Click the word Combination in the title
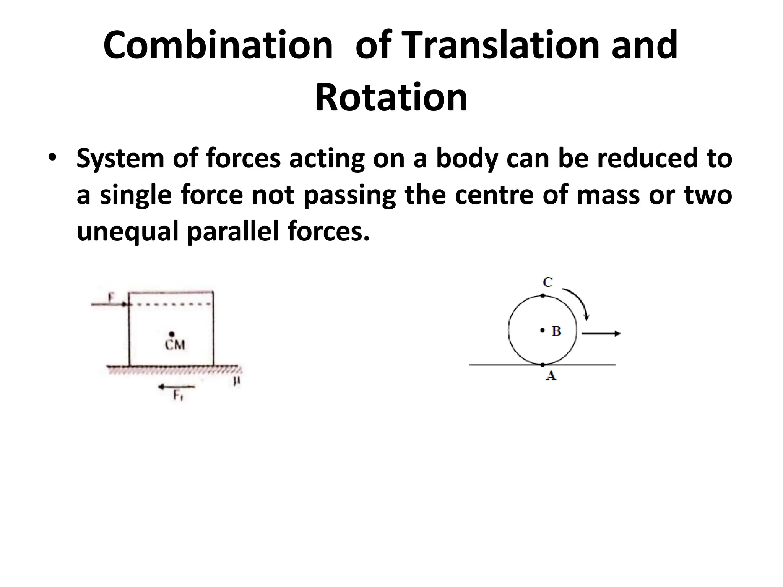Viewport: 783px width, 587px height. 218,46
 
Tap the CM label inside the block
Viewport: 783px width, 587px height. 175,345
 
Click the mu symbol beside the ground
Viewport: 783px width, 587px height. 237,381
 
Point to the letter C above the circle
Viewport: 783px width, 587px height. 547,282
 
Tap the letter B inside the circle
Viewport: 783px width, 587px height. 556,331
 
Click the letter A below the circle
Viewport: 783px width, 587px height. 551,377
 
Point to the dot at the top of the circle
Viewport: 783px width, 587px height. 543,295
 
